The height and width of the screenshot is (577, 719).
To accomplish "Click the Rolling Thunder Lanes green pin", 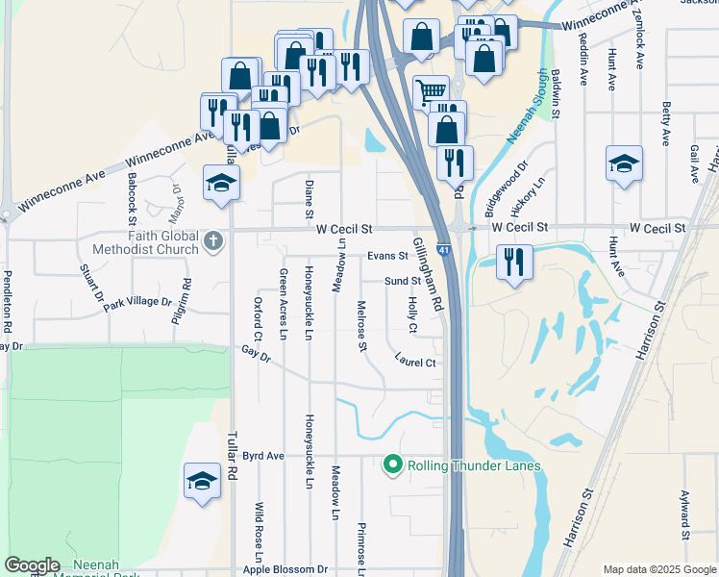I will tap(392, 465).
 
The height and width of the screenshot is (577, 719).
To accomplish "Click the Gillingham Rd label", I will tap(429, 273).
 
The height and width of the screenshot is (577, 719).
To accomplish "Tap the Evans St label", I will tap(388, 257).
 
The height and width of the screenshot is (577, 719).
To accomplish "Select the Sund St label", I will tap(403, 281).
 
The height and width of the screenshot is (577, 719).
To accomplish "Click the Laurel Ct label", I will tap(415, 363).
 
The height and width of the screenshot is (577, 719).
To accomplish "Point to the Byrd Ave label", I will tap(263, 455).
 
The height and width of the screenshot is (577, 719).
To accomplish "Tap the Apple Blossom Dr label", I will tap(285, 569).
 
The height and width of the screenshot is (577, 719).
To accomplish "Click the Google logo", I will tap(32, 565).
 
